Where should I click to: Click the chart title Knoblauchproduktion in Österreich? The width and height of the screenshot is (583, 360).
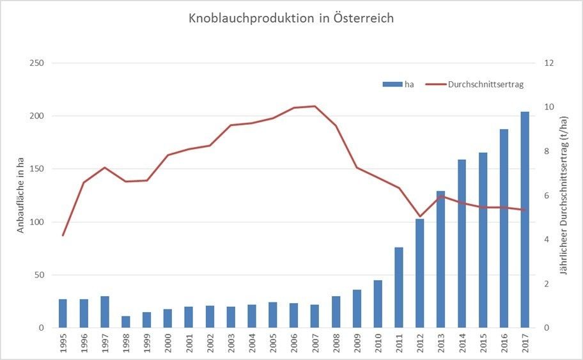pos(291,19)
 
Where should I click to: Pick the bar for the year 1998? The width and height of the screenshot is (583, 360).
pos(126,322)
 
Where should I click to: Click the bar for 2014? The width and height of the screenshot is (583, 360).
pos(462,243)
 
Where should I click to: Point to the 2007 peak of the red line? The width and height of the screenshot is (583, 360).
pos(315,106)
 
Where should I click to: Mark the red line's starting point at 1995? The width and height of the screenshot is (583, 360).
pos(63,235)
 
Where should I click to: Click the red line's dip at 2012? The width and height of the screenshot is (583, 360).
pos(420,217)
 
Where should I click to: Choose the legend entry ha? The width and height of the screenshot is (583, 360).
pos(398,84)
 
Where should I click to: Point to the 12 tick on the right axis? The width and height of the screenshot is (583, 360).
pos(548,63)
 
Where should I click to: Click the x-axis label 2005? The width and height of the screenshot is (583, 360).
pos(273,343)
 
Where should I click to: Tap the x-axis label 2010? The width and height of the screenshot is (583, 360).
pos(378,343)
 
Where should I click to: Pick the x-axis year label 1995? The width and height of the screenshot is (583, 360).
pos(63,343)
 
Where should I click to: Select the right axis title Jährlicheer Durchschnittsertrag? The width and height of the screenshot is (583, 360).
pos(563,196)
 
